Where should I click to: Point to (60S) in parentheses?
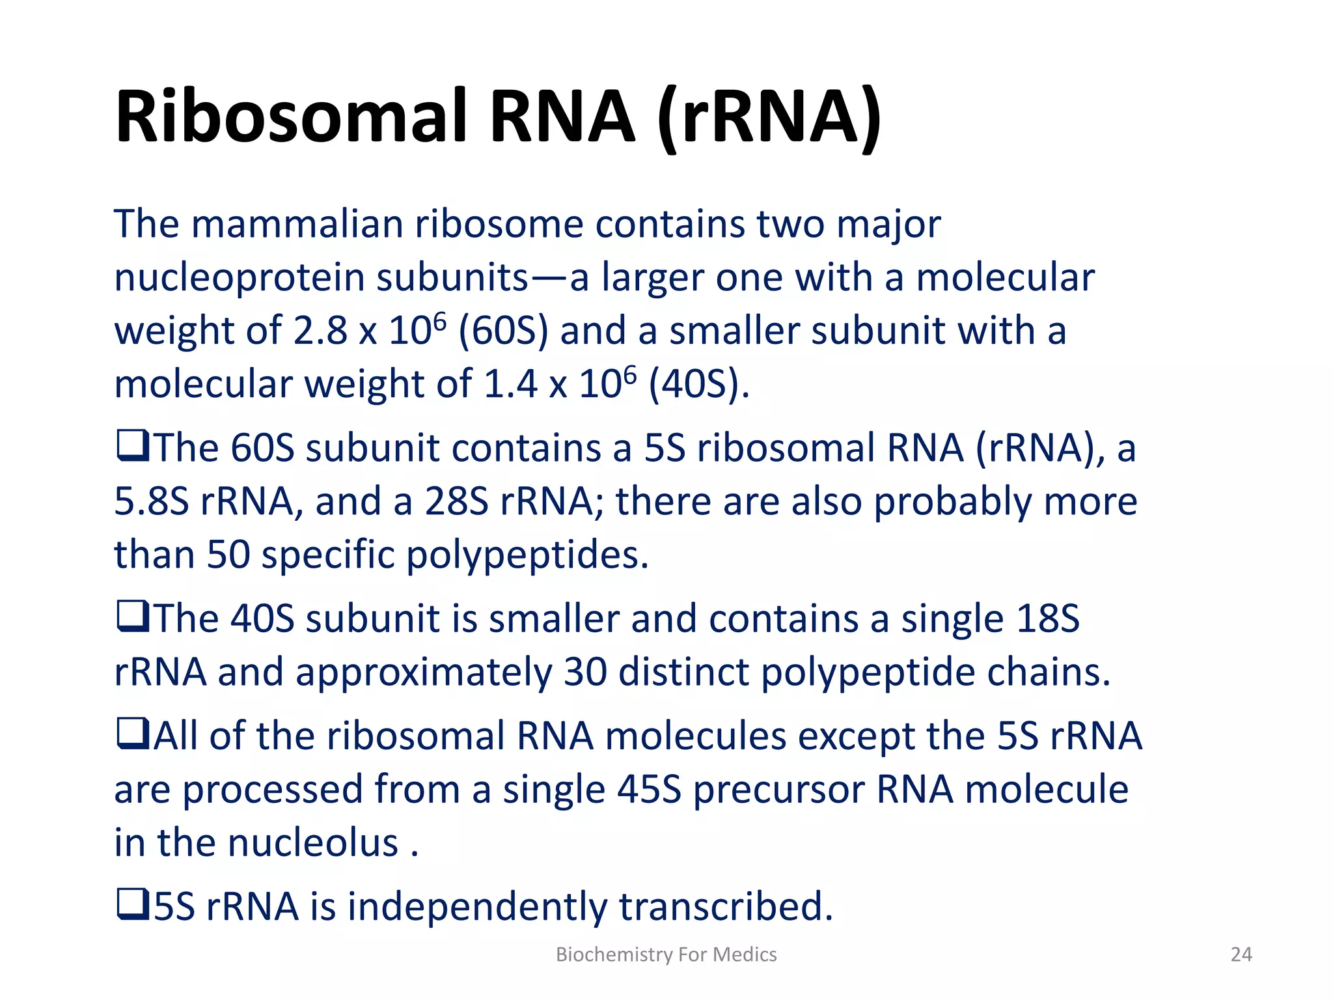pyautogui.click(x=503, y=331)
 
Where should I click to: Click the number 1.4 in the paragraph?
pyautogui.click(x=510, y=384)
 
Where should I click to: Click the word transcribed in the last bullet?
pyautogui.click(x=725, y=907)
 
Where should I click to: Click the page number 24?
pyautogui.click(x=1241, y=954)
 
